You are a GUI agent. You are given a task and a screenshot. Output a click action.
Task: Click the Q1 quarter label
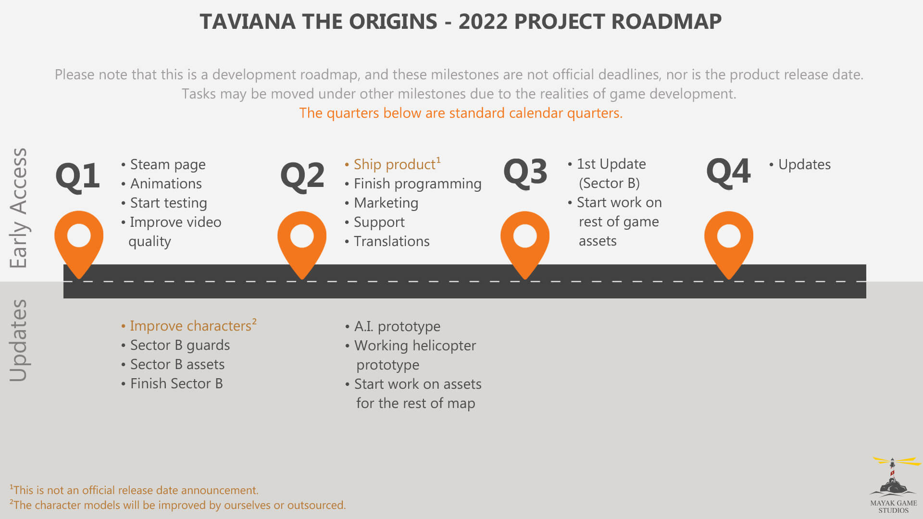77,176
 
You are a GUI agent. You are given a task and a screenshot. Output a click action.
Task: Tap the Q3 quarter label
525,172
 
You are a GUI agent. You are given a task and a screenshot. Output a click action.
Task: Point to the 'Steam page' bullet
163,165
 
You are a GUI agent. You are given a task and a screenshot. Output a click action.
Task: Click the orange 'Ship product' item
393,164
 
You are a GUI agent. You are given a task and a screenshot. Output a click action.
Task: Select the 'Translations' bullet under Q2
387,241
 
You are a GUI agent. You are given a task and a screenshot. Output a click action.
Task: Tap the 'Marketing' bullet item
381,203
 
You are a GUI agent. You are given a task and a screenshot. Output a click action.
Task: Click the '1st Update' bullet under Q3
607,164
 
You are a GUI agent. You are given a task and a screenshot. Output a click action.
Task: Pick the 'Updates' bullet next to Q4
800,165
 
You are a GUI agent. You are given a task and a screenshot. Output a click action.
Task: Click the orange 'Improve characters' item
189,325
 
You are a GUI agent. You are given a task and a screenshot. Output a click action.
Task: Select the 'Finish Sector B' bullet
172,383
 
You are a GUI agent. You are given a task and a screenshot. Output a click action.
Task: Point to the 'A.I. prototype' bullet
393,326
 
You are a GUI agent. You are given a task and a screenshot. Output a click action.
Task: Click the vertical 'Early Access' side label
19,208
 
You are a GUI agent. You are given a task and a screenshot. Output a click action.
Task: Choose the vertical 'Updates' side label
19,341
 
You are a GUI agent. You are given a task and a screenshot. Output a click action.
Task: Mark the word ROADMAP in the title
666,22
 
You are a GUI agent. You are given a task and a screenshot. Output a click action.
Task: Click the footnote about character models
178,505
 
